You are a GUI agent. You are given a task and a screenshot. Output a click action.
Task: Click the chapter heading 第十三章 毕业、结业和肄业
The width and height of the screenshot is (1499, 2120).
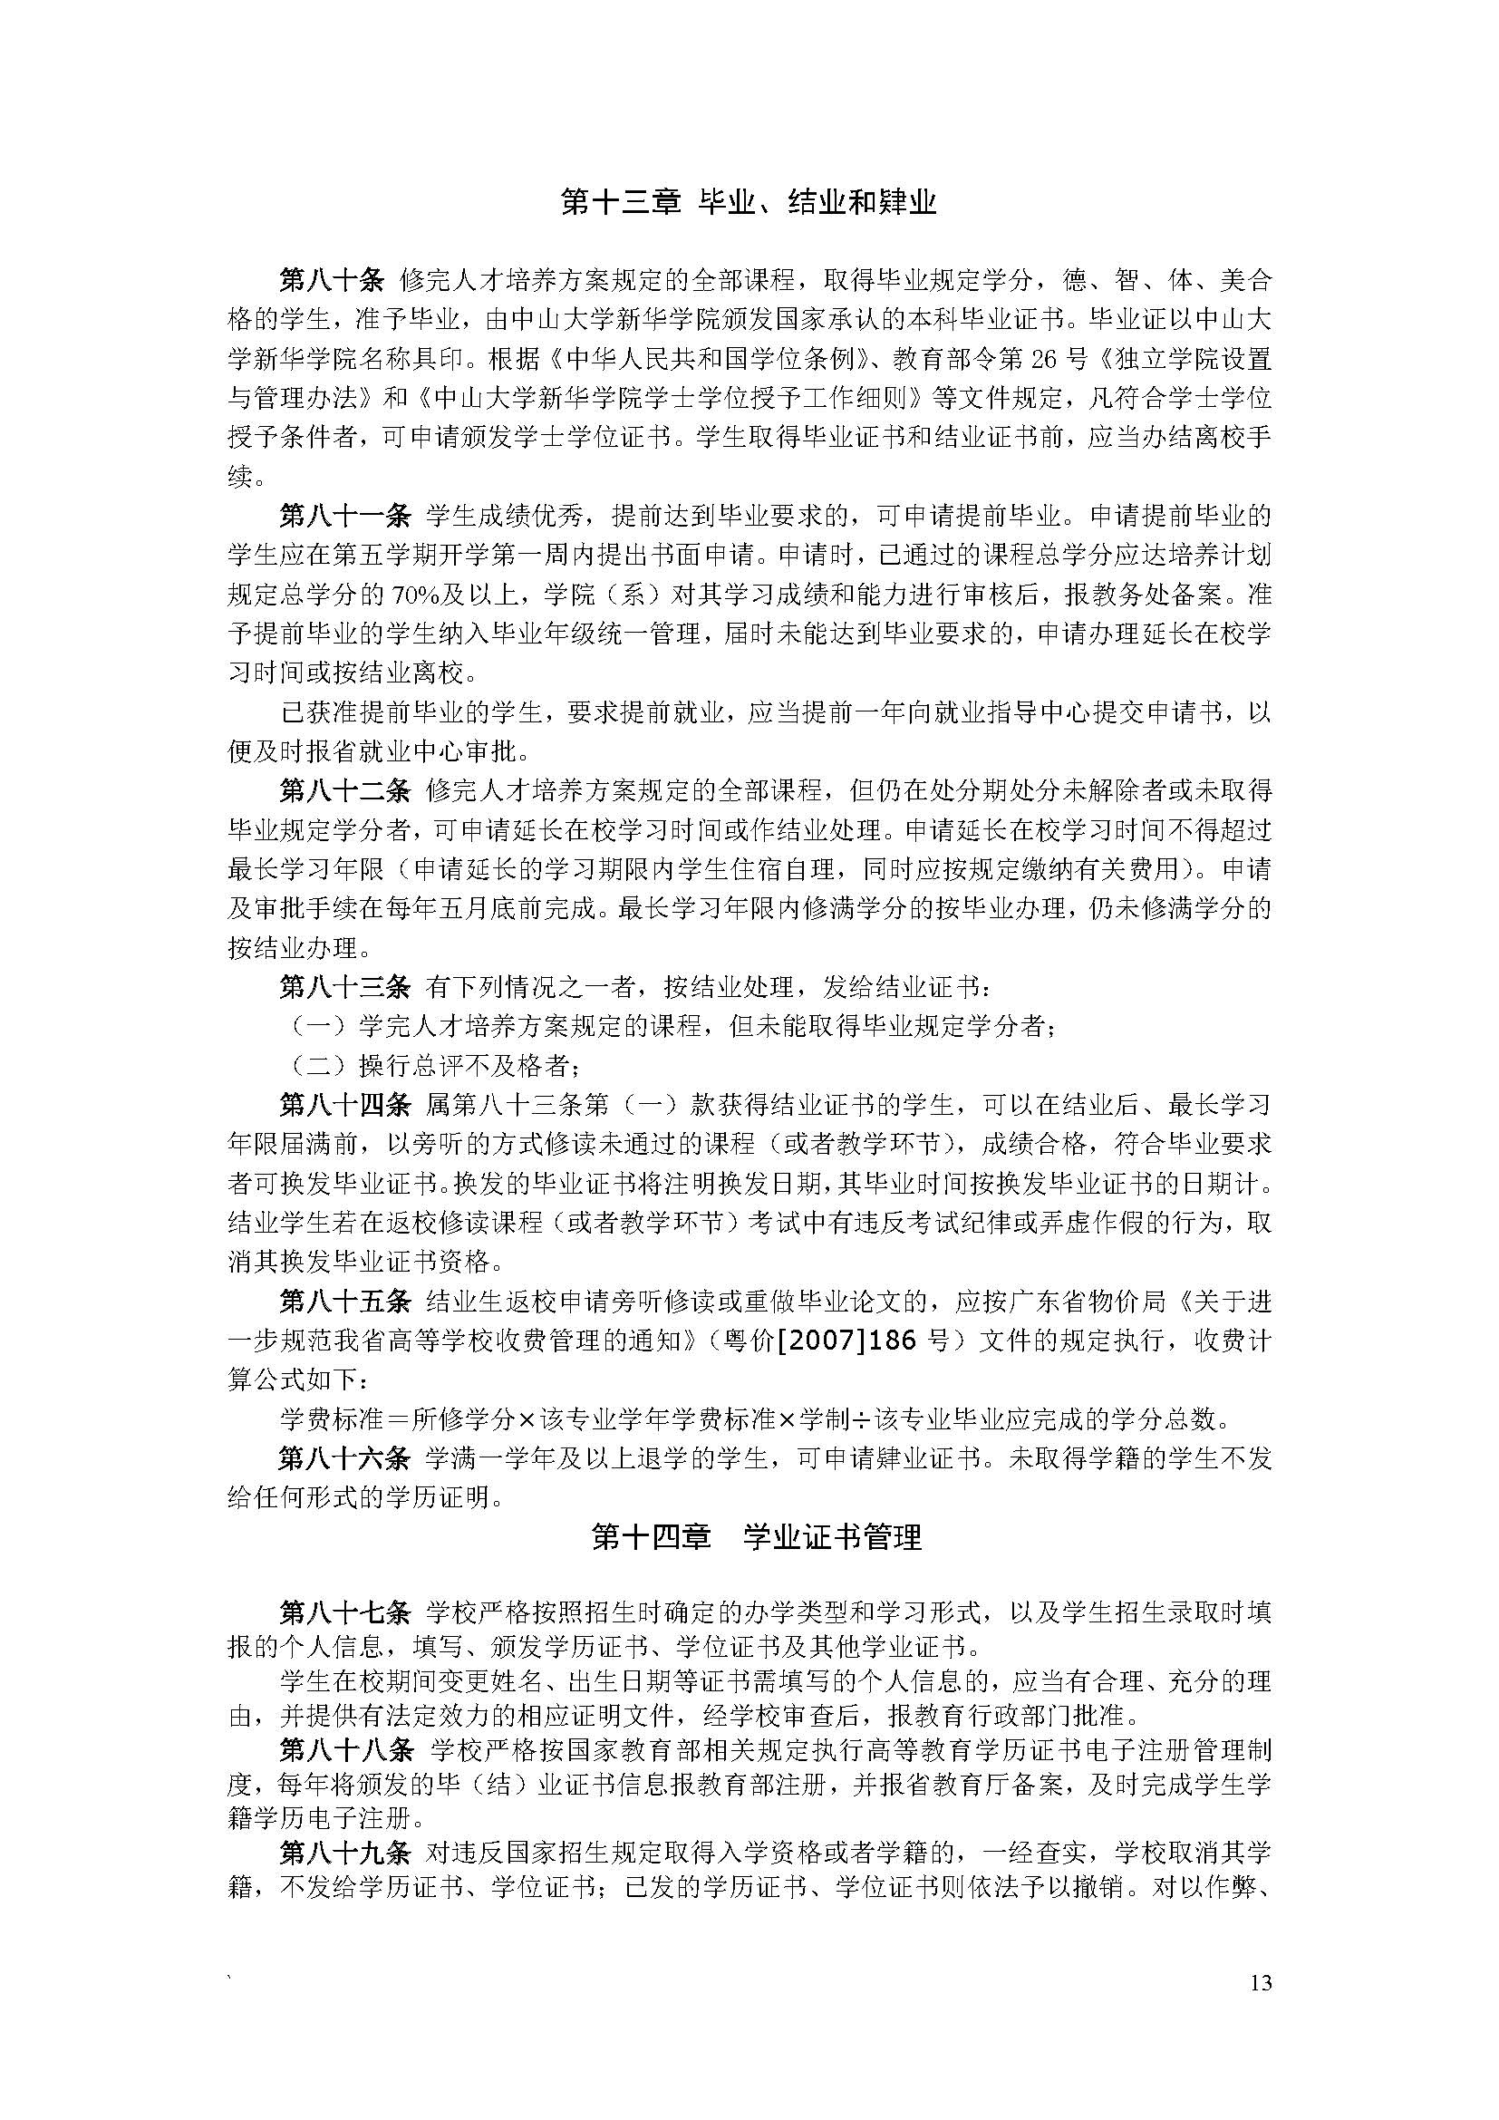pyautogui.click(x=749, y=201)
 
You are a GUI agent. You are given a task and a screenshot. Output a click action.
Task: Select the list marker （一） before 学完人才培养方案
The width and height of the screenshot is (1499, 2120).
pyautogui.click(x=317, y=1027)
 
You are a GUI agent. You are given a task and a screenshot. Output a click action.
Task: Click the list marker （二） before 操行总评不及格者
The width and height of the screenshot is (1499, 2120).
pyautogui.click(x=317, y=1067)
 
